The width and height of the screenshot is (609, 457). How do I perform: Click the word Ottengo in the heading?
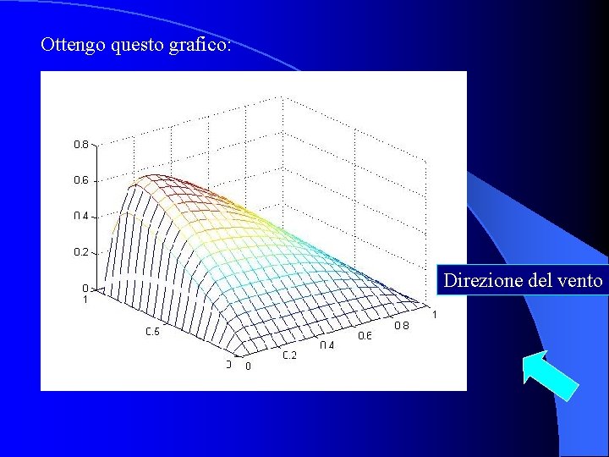73,45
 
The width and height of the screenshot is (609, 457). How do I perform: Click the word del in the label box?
539,280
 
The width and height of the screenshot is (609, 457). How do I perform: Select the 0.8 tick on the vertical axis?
80,145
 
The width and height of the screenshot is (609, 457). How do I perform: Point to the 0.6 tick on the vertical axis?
80,180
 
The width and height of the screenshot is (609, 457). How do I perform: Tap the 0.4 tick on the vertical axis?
80,217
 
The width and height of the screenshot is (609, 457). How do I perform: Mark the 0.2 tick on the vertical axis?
80,252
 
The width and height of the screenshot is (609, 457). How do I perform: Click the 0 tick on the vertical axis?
85,288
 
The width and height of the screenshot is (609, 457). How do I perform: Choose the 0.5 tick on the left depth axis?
152,332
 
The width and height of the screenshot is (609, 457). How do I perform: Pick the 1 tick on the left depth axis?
85,299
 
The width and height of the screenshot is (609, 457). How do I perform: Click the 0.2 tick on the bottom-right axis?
289,355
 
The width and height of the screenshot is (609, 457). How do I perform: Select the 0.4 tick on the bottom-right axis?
326,345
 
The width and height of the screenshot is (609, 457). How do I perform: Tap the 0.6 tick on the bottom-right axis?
365,336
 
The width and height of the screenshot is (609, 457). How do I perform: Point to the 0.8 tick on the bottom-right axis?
401,326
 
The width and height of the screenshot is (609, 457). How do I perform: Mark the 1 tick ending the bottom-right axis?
435,316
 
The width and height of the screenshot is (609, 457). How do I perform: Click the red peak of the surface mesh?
152,177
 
